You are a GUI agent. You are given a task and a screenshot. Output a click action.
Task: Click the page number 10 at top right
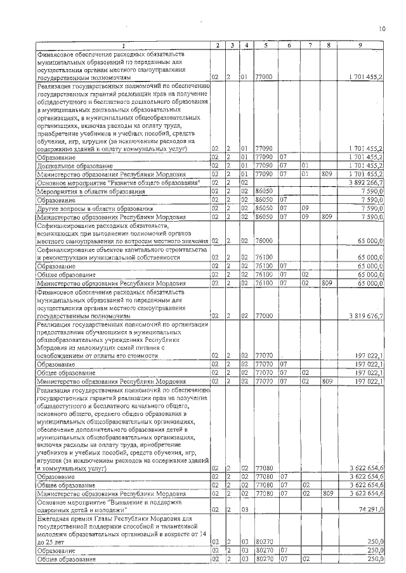coord(382,28)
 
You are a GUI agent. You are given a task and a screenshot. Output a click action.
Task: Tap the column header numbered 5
coord(265,45)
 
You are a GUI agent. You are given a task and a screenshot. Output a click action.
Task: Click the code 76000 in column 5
coord(263,241)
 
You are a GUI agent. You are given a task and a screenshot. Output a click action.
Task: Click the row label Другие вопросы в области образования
coord(95,208)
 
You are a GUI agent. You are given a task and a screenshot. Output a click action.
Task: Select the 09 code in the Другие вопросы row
coord(306,208)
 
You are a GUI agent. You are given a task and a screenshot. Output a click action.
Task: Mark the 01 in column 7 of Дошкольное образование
coord(306,165)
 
